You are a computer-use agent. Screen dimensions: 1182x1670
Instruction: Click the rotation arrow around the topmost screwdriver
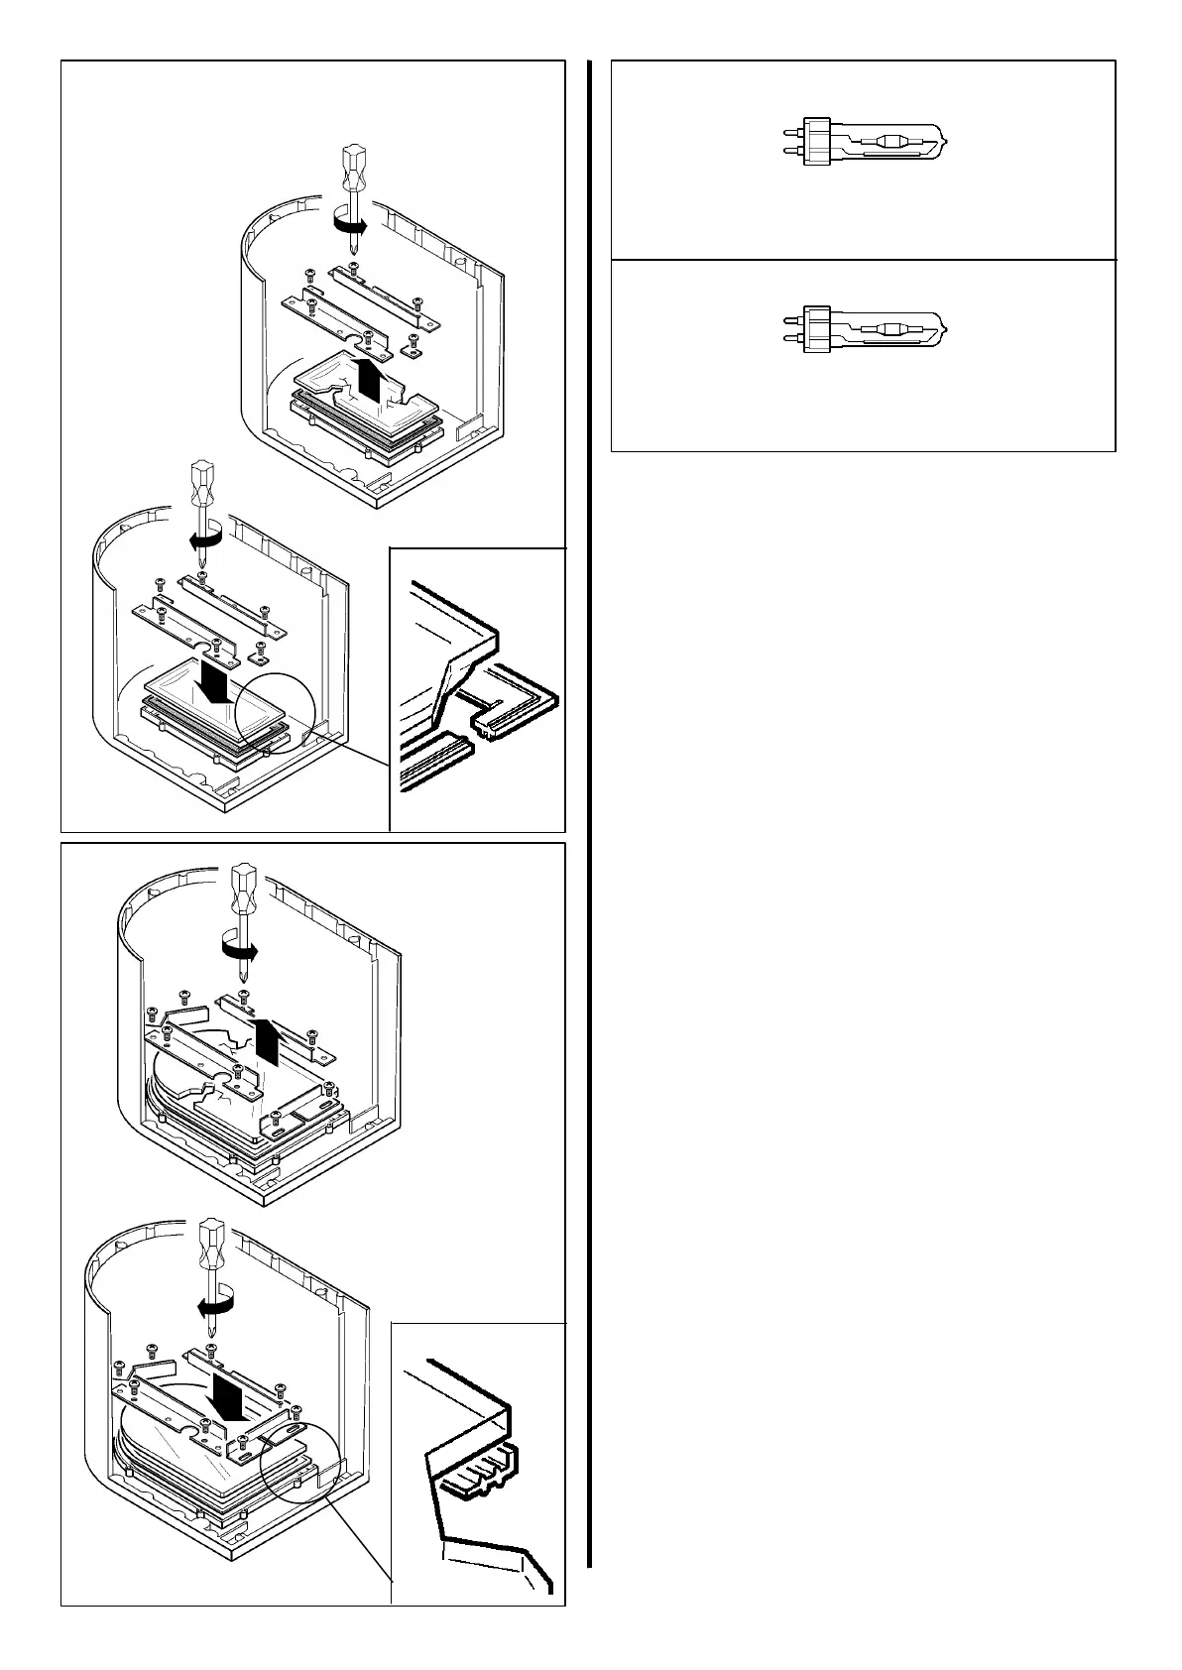348,226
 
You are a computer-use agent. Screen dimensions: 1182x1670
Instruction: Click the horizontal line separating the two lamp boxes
863,260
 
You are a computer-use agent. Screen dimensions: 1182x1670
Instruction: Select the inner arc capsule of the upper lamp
881,143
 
